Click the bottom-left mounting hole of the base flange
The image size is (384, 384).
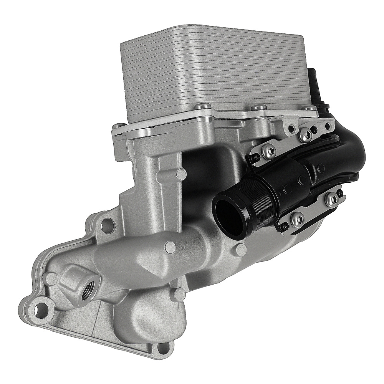(x=40, y=308)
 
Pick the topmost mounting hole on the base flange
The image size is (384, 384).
(x=109, y=223)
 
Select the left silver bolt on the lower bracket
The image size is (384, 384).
(x=296, y=219)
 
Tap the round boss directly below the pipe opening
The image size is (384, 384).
(x=241, y=250)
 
